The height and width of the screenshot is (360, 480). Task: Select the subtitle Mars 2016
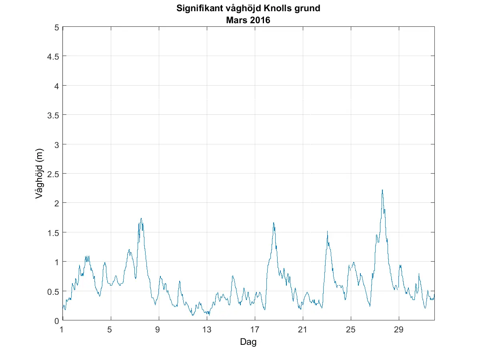(248, 20)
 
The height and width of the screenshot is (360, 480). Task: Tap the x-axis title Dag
(248, 342)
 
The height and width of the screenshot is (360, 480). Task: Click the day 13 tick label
(207, 330)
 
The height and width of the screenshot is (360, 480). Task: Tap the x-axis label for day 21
(303, 330)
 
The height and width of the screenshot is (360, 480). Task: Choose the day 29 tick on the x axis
(399, 330)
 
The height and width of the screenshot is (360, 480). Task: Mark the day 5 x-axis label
(111, 330)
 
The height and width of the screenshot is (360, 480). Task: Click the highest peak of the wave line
(382, 190)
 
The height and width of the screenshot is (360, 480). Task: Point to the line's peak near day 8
(141, 218)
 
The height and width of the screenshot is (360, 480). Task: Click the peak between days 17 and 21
(274, 223)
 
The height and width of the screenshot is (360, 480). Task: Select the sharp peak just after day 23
(327, 231)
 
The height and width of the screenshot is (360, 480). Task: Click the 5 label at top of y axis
(57, 27)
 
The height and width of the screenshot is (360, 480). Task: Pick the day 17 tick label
(255, 330)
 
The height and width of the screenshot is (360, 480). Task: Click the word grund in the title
(309, 8)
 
